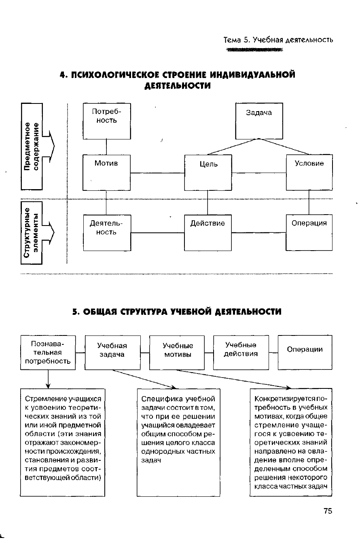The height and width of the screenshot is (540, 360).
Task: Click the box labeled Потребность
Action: [107, 120]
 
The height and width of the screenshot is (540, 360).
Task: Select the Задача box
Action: [259, 120]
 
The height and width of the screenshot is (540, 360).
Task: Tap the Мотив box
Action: [106, 172]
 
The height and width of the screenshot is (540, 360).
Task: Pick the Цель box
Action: [208, 172]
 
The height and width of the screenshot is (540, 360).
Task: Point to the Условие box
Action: [309, 172]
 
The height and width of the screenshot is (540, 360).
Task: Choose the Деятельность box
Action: [106, 232]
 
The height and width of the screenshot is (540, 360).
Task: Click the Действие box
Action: [208, 232]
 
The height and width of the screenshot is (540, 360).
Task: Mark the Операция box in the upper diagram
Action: [309, 232]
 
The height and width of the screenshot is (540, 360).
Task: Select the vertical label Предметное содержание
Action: [31, 146]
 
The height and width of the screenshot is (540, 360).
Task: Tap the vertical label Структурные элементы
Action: [31, 232]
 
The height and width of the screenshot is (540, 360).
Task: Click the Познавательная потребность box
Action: [48, 352]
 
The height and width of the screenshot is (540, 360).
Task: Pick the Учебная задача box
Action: [112, 352]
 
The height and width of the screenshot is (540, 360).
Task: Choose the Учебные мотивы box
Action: [178, 352]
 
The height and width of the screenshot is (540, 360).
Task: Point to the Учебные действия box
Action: [241, 352]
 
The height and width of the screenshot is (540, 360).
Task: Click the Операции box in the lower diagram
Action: [305, 352]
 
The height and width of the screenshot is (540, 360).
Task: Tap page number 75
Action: [328, 511]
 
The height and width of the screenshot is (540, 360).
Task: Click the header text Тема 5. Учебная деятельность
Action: [278, 40]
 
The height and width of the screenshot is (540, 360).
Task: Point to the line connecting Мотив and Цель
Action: [157, 173]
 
